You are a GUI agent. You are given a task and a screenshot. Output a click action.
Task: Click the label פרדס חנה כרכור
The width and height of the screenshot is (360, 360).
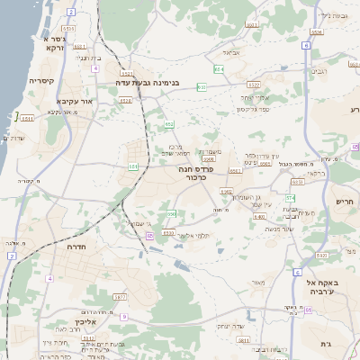coord(189,173)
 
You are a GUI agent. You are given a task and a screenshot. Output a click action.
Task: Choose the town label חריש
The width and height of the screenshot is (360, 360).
coord(345,202)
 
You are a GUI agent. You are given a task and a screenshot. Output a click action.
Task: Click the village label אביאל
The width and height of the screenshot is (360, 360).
coord(231,52)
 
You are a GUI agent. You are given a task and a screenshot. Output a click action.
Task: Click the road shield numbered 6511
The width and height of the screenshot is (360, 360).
coord(26,117)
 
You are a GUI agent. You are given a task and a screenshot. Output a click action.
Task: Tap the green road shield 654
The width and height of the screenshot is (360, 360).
coord(220,68)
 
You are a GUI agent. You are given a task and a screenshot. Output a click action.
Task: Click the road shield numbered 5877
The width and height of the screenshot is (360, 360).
coord(121,295)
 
